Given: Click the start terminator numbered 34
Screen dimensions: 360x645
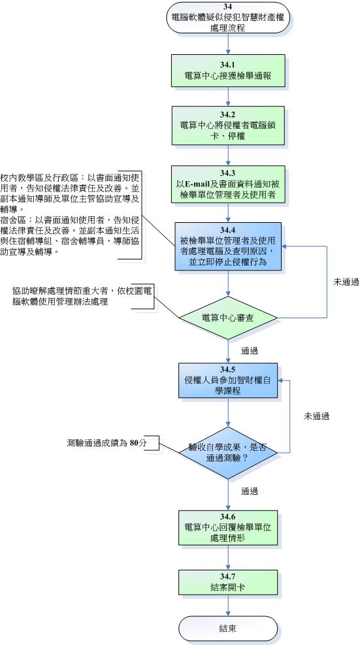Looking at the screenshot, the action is [228, 18].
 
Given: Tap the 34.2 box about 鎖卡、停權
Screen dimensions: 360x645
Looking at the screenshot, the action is [228, 125].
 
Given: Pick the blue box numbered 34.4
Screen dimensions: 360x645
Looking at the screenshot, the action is [228, 246].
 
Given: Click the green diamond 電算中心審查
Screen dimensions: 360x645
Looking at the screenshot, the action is [228, 318].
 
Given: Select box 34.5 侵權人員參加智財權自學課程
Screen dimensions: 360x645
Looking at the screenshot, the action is [228, 380].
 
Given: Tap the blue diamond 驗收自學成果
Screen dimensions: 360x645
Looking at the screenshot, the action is [228, 452].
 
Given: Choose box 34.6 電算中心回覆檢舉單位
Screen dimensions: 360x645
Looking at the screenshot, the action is [228, 527].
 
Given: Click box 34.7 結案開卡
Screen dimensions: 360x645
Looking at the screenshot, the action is [228, 582].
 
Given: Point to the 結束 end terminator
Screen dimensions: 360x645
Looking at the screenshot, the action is [228, 629].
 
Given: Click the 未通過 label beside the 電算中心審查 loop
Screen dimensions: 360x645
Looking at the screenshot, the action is [346, 282].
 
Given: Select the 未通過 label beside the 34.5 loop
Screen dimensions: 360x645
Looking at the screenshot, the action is [316, 416].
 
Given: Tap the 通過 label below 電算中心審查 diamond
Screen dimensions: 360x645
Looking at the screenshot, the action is [250, 351].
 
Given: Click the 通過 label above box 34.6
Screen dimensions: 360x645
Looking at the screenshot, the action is [250, 491].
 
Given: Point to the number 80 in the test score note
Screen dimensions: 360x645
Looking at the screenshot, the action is [134, 443].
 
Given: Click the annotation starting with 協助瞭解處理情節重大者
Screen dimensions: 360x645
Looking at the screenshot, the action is [82, 296].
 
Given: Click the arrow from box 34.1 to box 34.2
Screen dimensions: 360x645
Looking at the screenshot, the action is [228, 97].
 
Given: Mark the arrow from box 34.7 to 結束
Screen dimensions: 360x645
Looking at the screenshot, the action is [228, 605].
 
